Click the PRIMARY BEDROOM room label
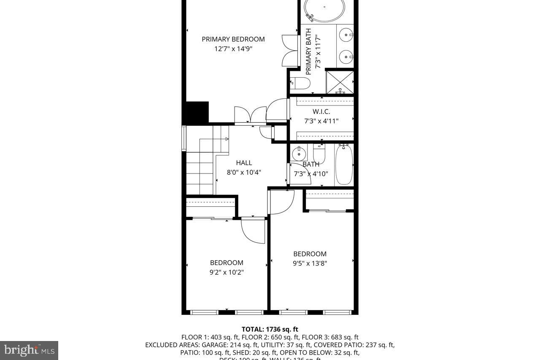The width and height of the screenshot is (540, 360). [x=233, y=39]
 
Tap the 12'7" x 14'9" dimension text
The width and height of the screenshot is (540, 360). [x=233, y=49]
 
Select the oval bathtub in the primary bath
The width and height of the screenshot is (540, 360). [x=324, y=9]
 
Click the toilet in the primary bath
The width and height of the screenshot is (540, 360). [x=302, y=83]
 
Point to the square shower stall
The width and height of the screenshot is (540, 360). [x=340, y=82]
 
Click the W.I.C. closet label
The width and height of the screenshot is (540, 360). [x=321, y=111]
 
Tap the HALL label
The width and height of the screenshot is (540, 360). [x=244, y=162]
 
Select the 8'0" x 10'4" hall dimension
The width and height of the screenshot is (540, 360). [x=244, y=172]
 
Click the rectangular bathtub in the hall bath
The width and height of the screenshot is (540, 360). [x=344, y=165]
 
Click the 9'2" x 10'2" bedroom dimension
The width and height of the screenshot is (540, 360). [x=227, y=272]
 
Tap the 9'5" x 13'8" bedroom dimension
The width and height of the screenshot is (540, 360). [x=310, y=263]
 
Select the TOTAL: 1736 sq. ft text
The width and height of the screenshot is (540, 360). [x=270, y=329]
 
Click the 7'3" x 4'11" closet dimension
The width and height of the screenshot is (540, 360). [x=321, y=121]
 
